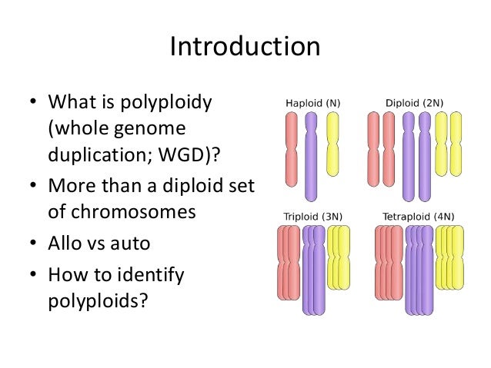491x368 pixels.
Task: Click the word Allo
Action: pyautogui.click(x=65, y=244)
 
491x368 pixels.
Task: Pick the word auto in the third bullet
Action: pyautogui.click(x=131, y=244)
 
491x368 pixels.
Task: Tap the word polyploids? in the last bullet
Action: pyautogui.click(x=97, y=300)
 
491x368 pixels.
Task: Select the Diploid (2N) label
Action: pyautogui.click(x=415, y=102)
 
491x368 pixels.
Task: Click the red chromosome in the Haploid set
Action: pyautogui.click(x=291, y=150)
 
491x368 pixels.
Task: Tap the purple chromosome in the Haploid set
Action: pyautogui.click(x=311, y=157)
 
